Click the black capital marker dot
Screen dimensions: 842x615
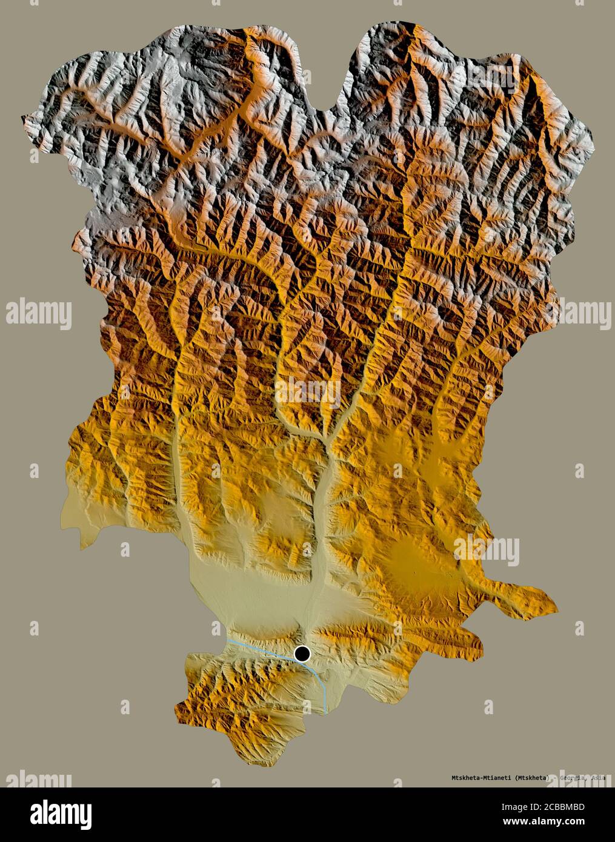(x=302, y=654)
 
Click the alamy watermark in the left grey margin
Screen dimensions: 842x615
(x=39, y=314)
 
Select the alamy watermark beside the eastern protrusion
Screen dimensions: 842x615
(x=487, y=550)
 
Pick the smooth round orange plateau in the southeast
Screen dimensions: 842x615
(x=418, y=560)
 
